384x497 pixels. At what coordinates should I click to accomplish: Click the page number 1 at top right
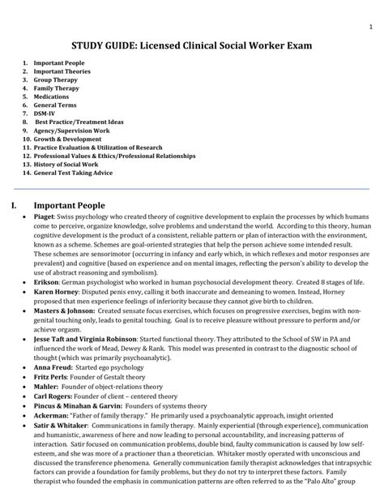pyautogui.click(x=359, y=26)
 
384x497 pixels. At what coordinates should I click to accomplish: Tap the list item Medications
pyautogui.click(x=51, y=96)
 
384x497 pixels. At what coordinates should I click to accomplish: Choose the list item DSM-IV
pyautogui.click(x=45, y=112)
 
